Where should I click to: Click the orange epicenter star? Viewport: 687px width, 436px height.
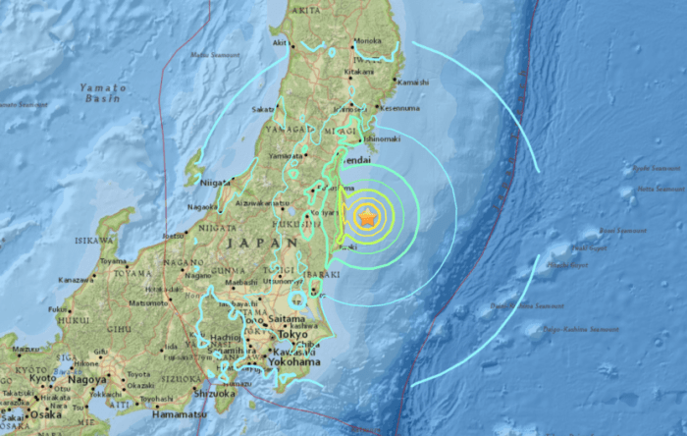(x=367, y=217)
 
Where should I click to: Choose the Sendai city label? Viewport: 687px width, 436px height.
(x=355, y=158)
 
